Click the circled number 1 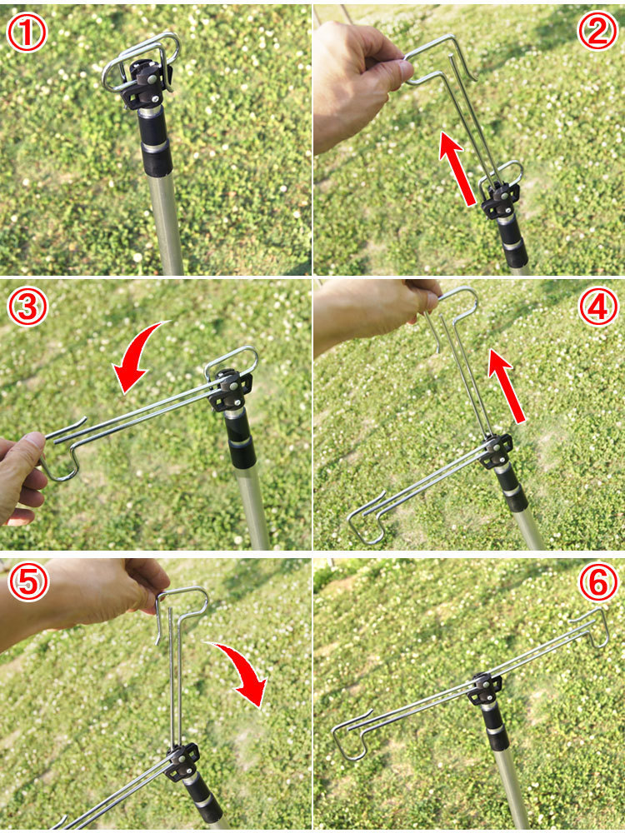click(27, 33)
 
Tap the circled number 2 click(597, 32)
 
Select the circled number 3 click(27, 307)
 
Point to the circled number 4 click(598, 307)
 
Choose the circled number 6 click(598, 582)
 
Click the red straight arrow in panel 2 click(457, 169)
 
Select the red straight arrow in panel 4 click(507, 386)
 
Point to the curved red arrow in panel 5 click(242, 671)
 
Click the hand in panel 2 click(358, 82)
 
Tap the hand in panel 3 click(22, 478)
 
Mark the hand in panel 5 click(85, 597)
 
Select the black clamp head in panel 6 click(485, 688)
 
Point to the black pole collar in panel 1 click(155, 141)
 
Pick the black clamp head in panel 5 click(182, 762)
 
